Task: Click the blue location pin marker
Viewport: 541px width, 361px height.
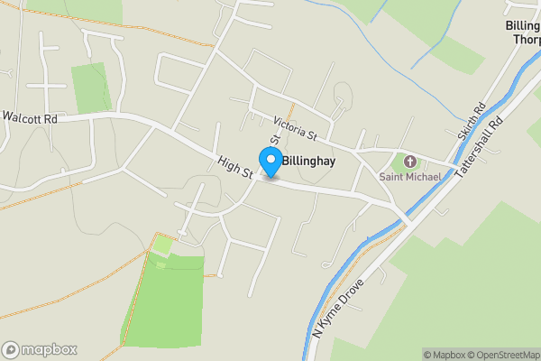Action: coord(270,162)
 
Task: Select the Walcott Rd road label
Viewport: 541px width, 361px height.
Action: coord(30,117)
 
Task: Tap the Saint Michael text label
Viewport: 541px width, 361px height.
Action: coord(409,177)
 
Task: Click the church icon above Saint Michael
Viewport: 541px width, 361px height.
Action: coord(411,162)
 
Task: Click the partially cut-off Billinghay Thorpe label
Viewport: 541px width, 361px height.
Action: coord(524,32)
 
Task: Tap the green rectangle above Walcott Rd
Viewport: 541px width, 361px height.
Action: coord(90,88)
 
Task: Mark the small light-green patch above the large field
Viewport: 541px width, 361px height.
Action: coord(162,244)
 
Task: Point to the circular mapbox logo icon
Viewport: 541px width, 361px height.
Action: coord(11,350)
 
